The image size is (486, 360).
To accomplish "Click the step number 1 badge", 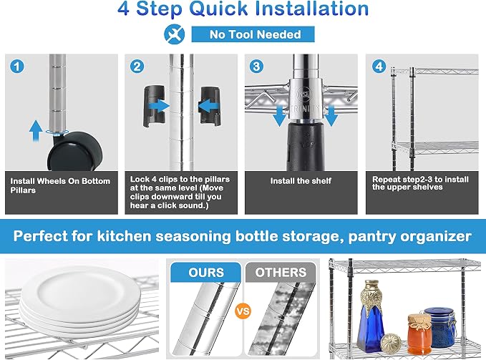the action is point(16,67).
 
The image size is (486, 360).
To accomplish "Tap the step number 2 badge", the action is point(137,67).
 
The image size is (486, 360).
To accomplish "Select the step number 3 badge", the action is point(256,67).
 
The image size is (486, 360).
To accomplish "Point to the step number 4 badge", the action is point(379,67).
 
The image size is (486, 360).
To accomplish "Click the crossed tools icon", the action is point(175,34).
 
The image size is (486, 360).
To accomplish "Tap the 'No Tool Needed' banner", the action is point(253,34).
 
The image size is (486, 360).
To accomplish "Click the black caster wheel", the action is point(75,152).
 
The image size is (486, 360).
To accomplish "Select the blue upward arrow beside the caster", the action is point(36,131).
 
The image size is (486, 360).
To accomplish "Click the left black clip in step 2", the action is point(153,106).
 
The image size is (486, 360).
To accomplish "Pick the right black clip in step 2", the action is point(210,106).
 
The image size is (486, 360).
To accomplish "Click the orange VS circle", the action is point(243,311).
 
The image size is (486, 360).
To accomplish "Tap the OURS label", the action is point(206,272).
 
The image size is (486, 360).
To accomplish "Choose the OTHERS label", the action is point(281,272).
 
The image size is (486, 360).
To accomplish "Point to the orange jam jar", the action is point(419,334).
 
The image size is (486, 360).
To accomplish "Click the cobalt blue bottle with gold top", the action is point(371,316).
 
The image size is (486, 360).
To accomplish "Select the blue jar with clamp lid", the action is point(439,326).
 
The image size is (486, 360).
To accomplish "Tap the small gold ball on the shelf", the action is point(391,343).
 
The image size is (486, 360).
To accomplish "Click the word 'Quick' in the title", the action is point(218,9).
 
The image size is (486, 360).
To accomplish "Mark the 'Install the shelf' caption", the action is point(301,181).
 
